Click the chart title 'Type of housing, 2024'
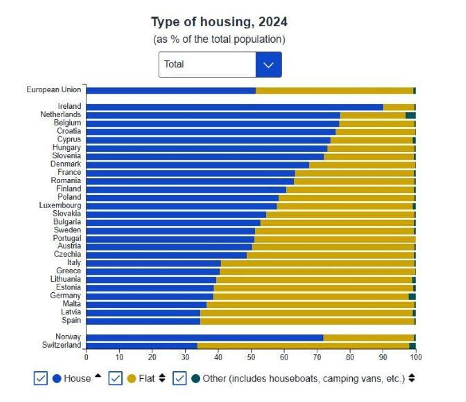(219, 22)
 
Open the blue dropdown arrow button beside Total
(269, 64)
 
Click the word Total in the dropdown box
(174, 64)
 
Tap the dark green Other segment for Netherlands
(411, 115)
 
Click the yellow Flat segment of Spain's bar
(307, 321)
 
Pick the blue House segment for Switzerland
(142, 346)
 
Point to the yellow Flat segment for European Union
(334, 91)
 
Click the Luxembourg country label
(60, 205)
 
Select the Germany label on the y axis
(66, 296)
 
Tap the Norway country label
(68, 337)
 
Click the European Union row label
(54, 90)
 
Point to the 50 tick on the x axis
(251, 357)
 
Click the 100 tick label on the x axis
(416, 357)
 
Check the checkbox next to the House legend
(41, 378)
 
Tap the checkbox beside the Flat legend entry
(116, 378)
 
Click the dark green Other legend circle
(196, 378)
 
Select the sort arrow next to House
(98, 376)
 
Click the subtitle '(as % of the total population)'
(219, 39)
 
